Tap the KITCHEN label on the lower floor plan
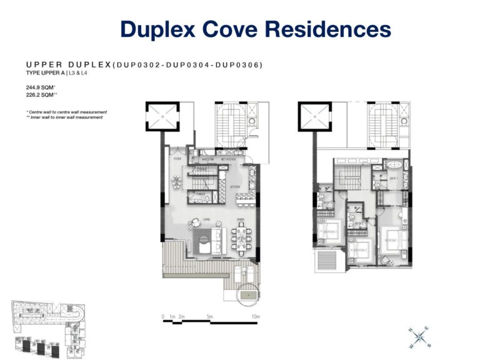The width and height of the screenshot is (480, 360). (235, 187)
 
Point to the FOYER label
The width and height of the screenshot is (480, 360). (176, 159)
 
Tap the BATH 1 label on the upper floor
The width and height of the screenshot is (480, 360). (395, 179)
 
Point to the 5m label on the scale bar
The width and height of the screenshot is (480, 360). (210, 317)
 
